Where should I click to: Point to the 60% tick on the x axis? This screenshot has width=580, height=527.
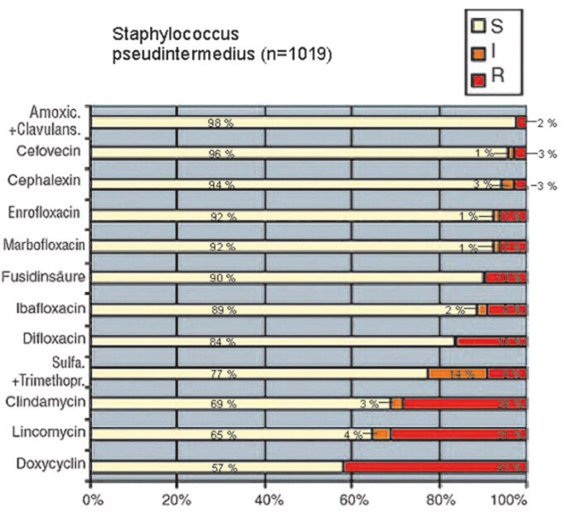(352, 501)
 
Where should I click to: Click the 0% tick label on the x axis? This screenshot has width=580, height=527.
(92, 501)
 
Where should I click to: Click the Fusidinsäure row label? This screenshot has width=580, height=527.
(46, 275)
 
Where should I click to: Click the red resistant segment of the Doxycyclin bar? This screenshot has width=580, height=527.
(434, 467)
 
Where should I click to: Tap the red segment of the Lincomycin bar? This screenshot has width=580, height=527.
(457, 434)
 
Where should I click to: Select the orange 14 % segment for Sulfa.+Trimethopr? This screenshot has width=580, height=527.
(457, 373)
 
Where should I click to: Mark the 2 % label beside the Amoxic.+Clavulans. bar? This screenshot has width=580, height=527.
(547, 122)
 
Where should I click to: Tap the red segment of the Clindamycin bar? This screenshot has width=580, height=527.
(464, 404)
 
